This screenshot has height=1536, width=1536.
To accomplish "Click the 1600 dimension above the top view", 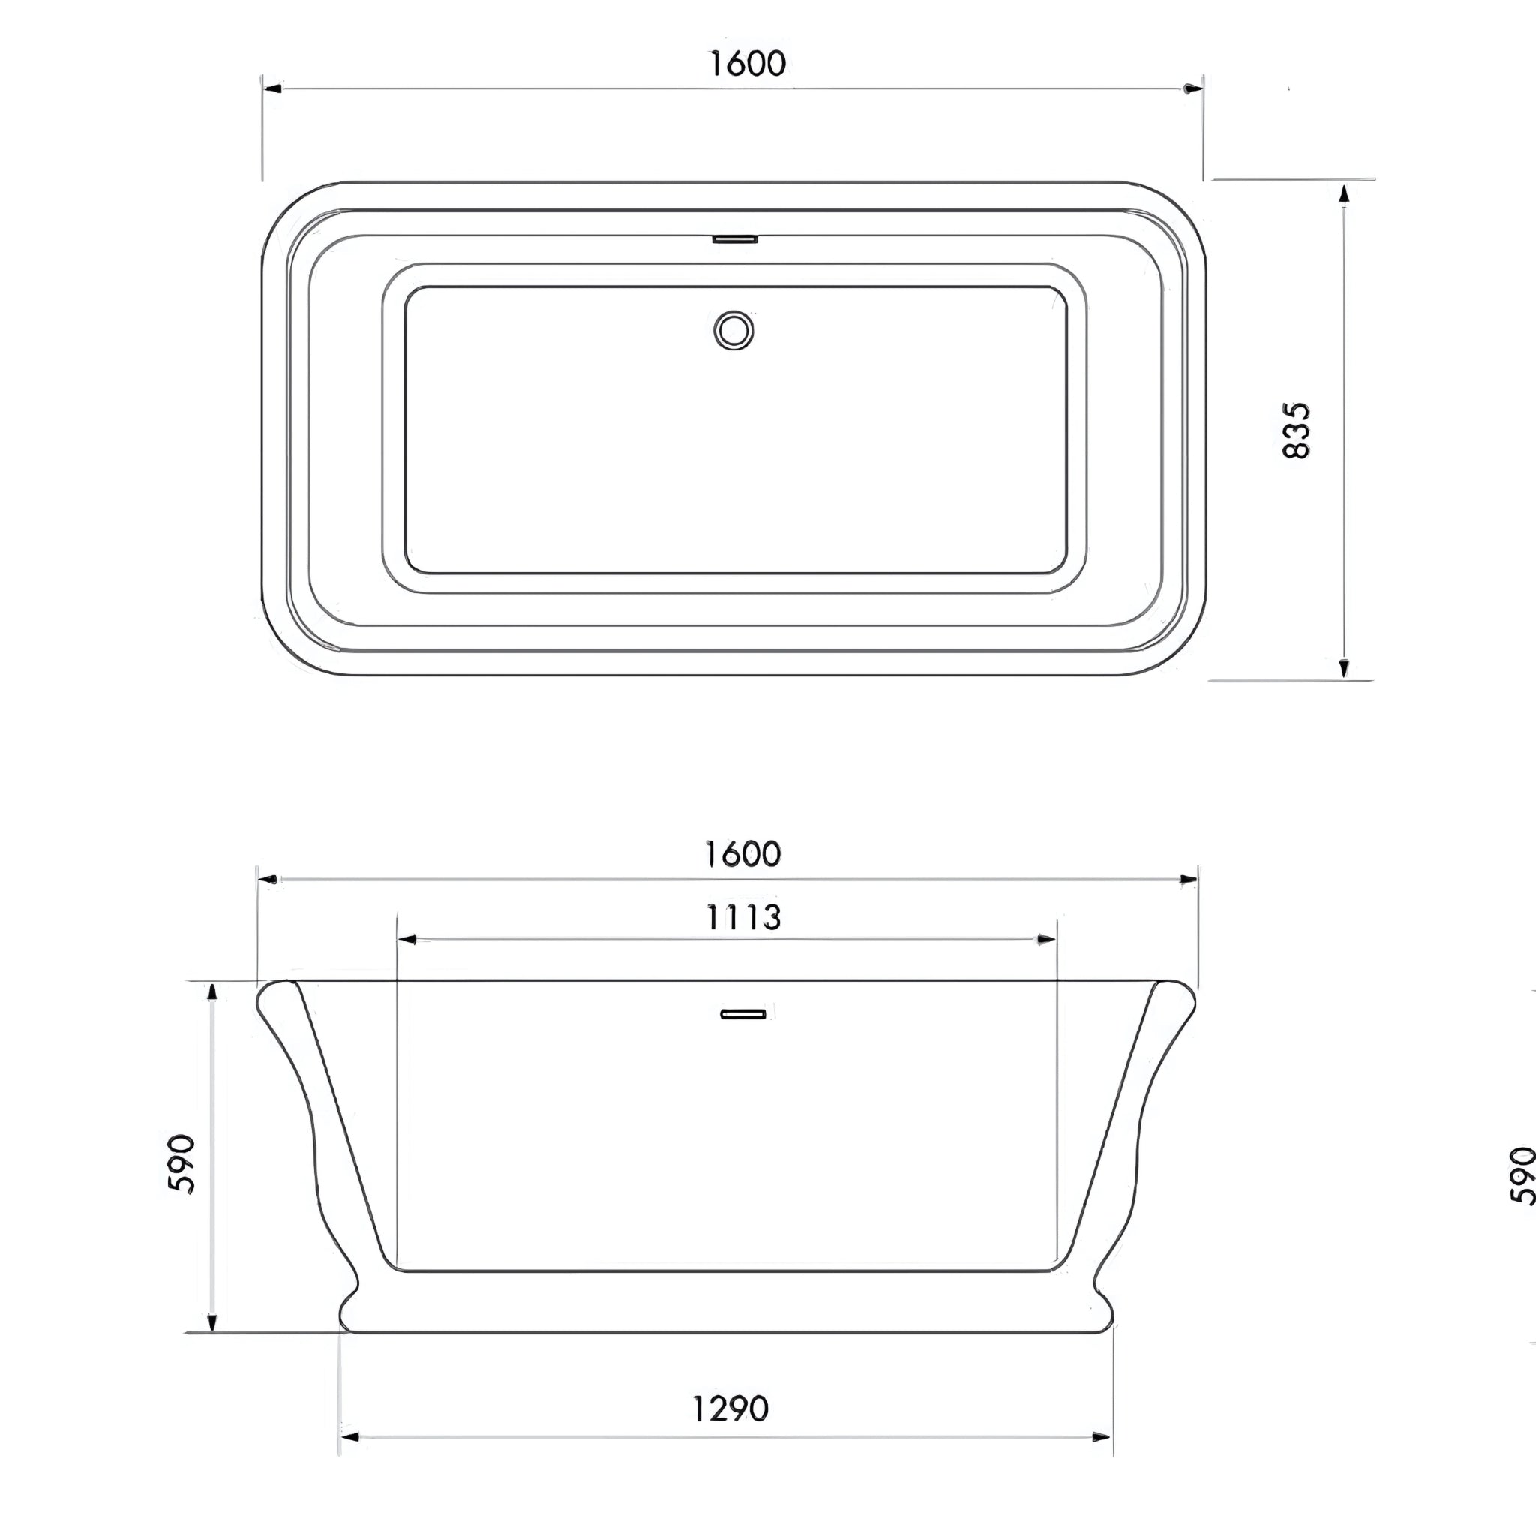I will (746, 64).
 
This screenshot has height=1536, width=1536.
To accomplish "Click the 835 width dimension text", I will (1297, 430).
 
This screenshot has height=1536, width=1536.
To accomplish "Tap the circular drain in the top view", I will (733, 330).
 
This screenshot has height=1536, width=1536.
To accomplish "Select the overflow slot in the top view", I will (734, 238).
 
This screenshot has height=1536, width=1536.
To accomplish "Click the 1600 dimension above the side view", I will (742, 855).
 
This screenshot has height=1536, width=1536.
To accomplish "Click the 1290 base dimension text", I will (730, 1409).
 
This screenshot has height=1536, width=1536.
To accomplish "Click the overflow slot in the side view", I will (743, 1014).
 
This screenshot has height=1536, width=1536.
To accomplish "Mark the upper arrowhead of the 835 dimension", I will (1343, 194).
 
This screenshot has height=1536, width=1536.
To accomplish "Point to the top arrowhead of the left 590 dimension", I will (211, 992).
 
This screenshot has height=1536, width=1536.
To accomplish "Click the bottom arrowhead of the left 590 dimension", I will (211, 1321).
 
